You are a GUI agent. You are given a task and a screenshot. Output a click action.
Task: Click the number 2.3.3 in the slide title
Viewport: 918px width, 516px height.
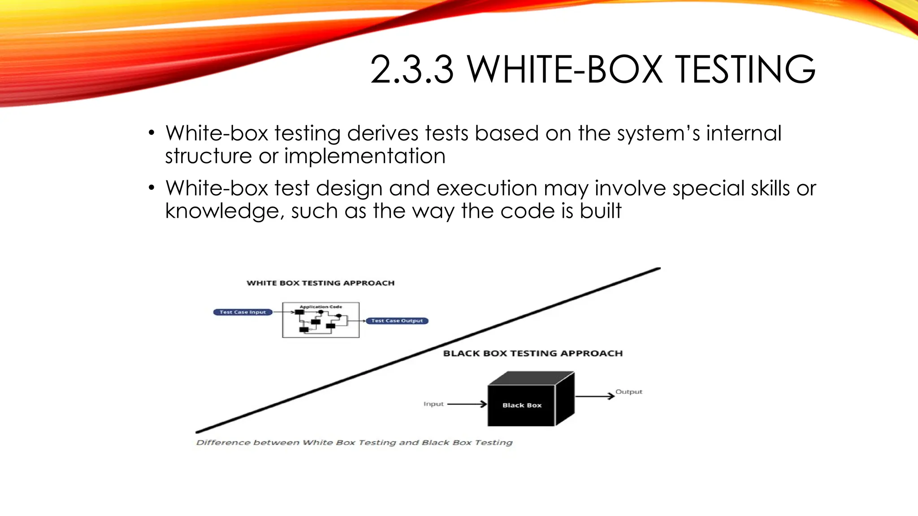click(411, 69)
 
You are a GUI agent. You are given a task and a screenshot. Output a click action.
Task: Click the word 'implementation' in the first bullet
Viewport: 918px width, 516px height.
click(365, 156)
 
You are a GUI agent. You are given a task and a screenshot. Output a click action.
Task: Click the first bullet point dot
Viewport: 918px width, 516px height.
click(152, 133)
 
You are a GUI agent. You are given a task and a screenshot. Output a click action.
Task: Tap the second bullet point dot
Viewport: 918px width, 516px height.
click(152, 188)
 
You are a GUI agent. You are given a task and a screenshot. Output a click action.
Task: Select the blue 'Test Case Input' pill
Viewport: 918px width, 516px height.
click(242, 312)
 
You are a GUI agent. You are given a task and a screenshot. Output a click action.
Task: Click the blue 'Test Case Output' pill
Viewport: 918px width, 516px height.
click(397, 321)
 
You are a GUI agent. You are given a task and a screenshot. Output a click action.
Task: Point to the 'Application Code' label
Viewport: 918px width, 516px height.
click(320, 307)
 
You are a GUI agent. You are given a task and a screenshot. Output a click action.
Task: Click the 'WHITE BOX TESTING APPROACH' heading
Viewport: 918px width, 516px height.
click(320, 283)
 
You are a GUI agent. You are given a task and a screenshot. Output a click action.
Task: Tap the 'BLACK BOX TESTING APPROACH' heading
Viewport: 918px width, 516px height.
click(533, 353)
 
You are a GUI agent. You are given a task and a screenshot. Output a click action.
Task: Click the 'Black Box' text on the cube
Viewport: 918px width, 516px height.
click(522, 405)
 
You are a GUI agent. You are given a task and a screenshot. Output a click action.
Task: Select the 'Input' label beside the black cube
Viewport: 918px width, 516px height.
click(433, 404)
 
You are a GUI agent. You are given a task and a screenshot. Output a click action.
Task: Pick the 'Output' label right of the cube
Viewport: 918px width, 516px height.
click(628, 392)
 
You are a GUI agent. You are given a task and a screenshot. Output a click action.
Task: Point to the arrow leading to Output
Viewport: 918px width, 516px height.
click(594, 396)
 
